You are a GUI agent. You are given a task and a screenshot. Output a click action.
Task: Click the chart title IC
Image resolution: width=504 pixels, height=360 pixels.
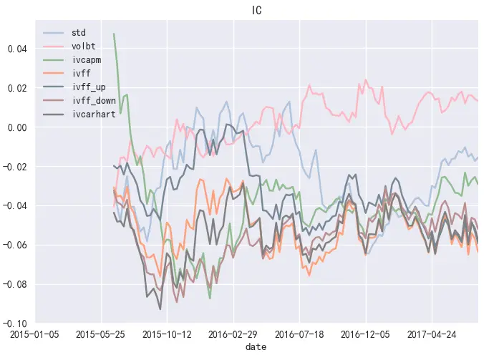(257, 10)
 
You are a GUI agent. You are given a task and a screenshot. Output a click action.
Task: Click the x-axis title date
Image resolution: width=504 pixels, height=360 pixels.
(256, 346)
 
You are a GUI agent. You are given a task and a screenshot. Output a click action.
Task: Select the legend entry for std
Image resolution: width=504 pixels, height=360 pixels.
(79, 32)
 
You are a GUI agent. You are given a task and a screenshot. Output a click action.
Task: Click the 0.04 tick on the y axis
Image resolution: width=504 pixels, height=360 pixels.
(16, 49)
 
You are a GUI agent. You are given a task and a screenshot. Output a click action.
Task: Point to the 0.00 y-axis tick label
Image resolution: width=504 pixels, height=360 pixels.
(16, 127)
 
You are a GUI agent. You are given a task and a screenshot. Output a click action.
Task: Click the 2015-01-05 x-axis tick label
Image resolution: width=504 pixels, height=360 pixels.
(34, 334)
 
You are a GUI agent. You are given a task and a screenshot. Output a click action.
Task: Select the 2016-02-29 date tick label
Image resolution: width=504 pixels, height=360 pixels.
(234, 334)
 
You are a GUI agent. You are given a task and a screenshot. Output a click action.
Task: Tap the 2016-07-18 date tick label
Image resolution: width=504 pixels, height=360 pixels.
(300, 334)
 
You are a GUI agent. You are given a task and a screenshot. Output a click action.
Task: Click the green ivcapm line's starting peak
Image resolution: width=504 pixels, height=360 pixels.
(114, 34)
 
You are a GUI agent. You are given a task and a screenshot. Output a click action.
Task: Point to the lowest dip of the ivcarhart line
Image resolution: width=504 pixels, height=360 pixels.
(160, 308)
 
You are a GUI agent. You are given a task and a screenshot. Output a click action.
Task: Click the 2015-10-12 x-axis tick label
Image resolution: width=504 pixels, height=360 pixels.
(168, 334)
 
